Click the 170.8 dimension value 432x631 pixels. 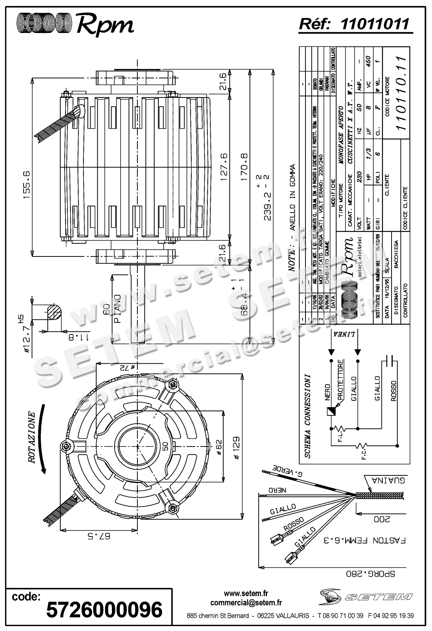(244, 166)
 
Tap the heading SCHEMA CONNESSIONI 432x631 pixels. (307, 416)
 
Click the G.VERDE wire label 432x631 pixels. (288, 471)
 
